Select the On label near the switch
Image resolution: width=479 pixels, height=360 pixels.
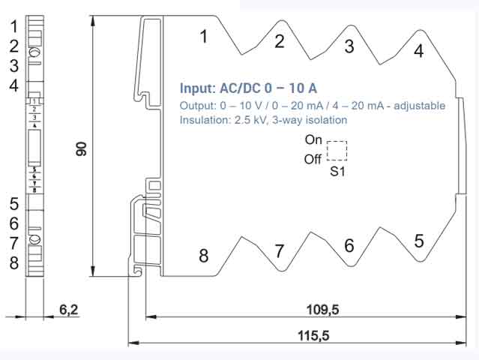point(313,139)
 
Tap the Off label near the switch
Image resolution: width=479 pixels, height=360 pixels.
point(313,159)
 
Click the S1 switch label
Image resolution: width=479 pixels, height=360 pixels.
point(338,172)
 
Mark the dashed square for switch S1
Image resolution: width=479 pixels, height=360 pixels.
point(337,150)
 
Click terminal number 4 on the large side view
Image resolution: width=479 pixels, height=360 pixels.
point(418,50)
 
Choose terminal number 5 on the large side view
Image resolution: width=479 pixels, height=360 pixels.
point(418,241)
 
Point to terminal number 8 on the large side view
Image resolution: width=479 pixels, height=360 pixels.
point(203,256)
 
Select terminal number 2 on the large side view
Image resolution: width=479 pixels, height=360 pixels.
point(280,41)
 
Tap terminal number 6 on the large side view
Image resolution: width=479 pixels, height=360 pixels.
point(349,245)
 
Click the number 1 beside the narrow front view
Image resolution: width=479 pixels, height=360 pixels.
point(13,26)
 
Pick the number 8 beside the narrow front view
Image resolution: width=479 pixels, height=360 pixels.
point(13,263)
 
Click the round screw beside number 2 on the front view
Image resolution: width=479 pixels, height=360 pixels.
point(34,52)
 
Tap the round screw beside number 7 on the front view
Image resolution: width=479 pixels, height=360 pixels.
point(34,241)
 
